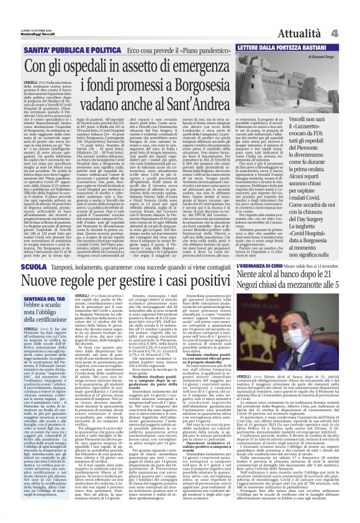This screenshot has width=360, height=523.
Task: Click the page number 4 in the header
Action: [x=351, y=14]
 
